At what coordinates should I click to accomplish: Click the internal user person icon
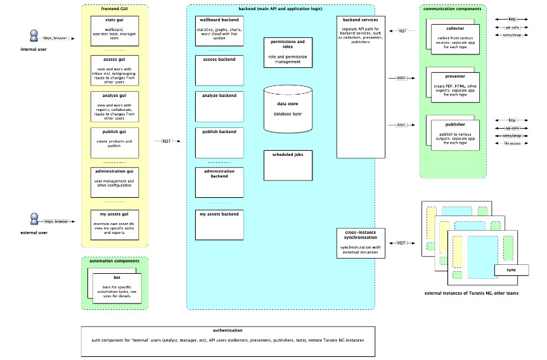[x=35, y=36]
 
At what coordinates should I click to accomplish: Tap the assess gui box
[x=115, y=70]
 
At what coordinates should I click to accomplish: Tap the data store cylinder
[x=288, y=108]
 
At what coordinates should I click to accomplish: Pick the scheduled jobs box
[x=288, y=164]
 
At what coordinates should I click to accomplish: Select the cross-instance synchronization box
[x=361, y=243]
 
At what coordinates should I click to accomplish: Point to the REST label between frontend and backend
[x=167, y=141]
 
